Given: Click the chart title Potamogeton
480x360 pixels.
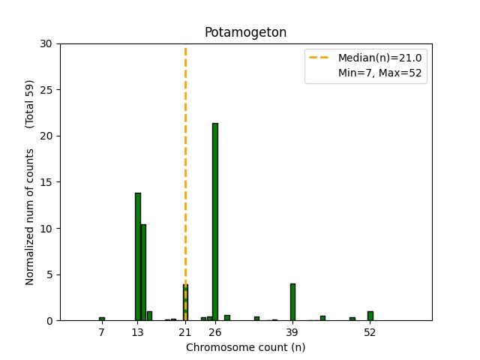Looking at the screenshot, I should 245,33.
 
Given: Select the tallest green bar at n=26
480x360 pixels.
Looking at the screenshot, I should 215,222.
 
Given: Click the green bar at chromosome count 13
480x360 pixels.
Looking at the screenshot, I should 138,256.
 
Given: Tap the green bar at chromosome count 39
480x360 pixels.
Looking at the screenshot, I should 292,302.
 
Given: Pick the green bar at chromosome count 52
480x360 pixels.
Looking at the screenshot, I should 370,316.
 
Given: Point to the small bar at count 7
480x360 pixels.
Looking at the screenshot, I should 102,319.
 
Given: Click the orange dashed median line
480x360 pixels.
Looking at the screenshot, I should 185,150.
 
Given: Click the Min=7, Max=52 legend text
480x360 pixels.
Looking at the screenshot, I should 380,74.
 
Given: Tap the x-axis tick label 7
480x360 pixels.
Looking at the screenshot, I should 102,332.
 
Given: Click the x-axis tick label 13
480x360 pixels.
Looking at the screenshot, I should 137,332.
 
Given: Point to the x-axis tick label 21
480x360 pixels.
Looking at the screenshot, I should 185,332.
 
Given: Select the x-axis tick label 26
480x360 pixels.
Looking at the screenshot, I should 215,332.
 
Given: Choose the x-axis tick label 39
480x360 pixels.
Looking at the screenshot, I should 292,332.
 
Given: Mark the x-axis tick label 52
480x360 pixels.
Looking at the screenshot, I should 370,332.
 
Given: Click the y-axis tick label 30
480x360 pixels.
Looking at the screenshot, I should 46,44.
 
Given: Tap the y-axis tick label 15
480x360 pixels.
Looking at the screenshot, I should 46,182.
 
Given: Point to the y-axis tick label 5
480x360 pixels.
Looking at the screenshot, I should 49,274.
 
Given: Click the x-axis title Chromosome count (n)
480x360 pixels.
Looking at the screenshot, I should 245,347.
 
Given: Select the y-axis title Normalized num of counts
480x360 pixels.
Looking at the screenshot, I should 31,216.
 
